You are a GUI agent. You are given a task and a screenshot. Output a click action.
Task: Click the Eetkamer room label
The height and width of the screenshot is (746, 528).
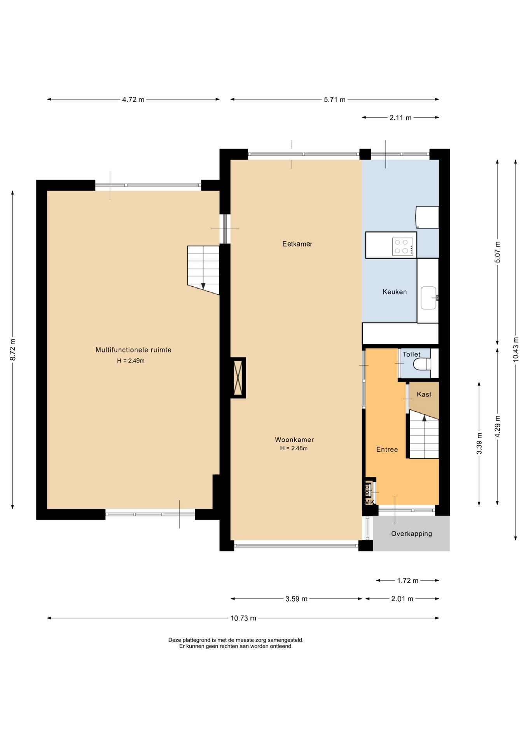pyautogui.click(x=297, y=244)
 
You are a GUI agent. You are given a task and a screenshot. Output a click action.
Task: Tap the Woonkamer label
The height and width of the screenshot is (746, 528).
pyautogui.click(x=294, y=440)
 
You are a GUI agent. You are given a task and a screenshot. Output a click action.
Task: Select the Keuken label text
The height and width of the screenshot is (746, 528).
pyautogui.click(x=395, y=292)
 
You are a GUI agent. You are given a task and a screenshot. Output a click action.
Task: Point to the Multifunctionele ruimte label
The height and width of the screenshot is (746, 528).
pyautogui.click(x=133, y=350)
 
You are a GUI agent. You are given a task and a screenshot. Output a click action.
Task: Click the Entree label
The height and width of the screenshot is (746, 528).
pyautogui.click(x=387, y=450)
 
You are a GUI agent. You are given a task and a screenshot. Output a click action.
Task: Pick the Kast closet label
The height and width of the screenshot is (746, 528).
pyautogui.click(x=424, y=394)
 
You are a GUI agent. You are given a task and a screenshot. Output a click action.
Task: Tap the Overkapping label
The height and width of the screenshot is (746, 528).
pyautogui.click(x=411, y=534)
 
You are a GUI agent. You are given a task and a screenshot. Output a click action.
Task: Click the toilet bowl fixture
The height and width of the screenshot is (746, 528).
pyautogui.click(x=421, y=364)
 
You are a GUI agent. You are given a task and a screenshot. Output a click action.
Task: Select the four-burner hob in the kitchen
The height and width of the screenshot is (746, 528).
pyautogui.click(x=403, y=247)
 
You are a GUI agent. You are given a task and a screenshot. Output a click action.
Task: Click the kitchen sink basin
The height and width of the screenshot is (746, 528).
pyautogui.click(x=428, y=298)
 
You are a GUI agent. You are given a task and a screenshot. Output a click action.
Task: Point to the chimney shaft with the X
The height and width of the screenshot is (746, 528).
pyautogui.click(x=238, y=378)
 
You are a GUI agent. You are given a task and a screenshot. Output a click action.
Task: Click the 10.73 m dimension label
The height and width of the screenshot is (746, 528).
pyautogui.click(x=243, y=618)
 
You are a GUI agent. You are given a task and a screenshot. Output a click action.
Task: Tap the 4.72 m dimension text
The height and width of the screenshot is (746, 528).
pyautogui.click(x=133, y=99)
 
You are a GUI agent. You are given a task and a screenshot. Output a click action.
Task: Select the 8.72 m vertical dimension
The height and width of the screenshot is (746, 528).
pyautogui.click(x=13, y=350)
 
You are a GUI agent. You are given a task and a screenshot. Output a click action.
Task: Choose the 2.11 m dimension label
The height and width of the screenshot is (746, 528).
pyautogui.click(x=400, y=118)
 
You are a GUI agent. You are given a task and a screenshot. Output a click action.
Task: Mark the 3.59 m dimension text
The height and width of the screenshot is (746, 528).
pyautogui.click(x=297, y=599)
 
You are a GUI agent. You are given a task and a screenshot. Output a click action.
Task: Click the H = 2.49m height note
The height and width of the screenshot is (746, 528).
pyautogui.click(x=131, y=361)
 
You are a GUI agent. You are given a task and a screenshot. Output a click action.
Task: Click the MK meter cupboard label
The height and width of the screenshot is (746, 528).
pyautogui.click(x=369, y=502)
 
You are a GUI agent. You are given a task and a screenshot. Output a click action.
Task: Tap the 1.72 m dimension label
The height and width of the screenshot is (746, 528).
pyautogui.click(x=407, y=580)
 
